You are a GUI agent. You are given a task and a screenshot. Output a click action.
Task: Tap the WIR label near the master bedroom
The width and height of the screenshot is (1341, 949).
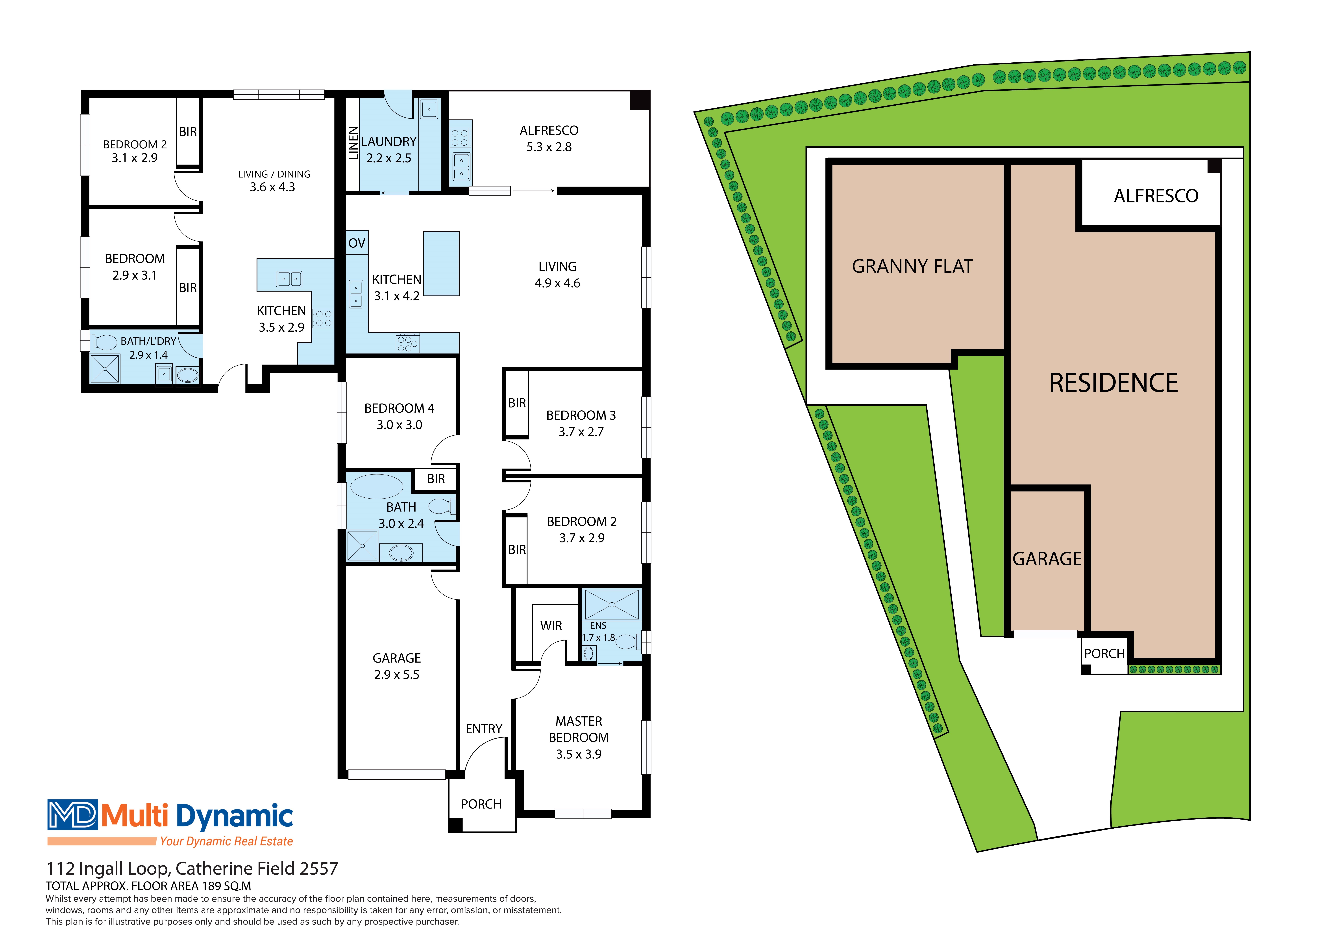coord(551,626)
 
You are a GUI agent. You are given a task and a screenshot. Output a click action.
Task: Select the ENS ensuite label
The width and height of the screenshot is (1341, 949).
coord(598,625)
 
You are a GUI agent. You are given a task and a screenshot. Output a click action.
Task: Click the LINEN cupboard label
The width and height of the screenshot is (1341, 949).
coord(353,143)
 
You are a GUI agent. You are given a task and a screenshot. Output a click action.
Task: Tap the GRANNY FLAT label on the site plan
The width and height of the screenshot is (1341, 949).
coord(912,266)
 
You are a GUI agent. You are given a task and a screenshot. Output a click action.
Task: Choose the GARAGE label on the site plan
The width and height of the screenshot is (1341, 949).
coord(1047,559)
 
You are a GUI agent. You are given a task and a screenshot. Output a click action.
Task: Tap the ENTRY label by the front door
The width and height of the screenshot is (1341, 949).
coord(484,729)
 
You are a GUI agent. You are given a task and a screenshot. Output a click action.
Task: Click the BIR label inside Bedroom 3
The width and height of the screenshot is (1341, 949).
coord(517,403)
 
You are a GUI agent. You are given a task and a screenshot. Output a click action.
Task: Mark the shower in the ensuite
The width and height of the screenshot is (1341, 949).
coord(612,604)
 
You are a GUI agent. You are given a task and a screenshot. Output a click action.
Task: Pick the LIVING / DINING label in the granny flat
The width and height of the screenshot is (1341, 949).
coord(274,174)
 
